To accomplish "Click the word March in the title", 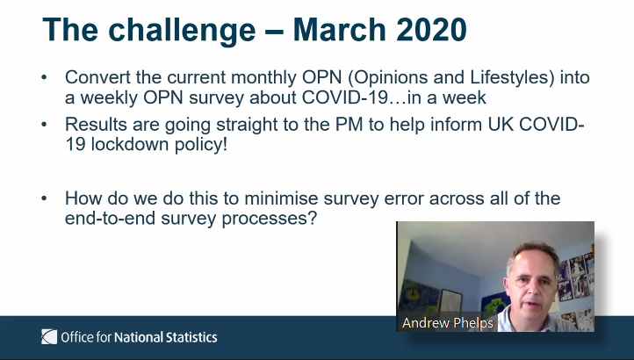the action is pos(340,30).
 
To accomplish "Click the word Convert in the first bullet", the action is pos(97,77).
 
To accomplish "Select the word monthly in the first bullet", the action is pos(263,78).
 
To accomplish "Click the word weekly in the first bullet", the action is pos(109,97).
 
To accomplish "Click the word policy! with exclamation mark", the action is pos(201,145).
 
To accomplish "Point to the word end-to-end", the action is pos(110,219).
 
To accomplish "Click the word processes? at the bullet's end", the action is pos(270,219).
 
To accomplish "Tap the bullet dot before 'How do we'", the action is pos(44,198).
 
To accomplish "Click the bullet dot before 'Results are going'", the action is pos(44,125).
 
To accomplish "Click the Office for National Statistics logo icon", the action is pos(49,337).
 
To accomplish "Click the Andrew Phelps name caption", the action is pos(448,323).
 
